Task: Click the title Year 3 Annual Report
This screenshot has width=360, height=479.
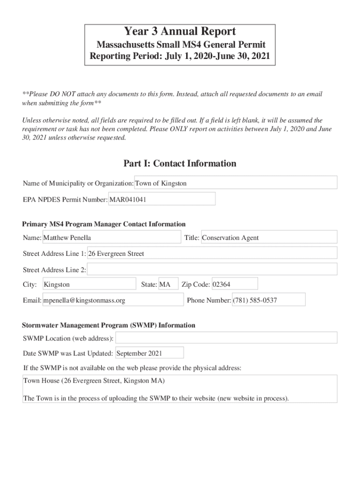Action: point(180,32)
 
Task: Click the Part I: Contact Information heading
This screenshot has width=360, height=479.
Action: point(180,163)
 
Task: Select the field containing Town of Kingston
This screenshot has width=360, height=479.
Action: point(236,183)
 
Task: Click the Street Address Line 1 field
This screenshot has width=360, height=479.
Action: point(212,254)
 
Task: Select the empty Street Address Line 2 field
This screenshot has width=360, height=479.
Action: point(212,269)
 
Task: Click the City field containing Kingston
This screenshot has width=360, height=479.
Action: point(89,284)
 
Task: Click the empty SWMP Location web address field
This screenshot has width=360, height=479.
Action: point(226,338)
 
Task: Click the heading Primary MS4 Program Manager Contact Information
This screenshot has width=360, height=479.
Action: point(104,224)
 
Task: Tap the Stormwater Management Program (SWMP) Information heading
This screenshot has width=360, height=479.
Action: point(109,325)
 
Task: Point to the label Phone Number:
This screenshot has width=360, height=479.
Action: point(209,300)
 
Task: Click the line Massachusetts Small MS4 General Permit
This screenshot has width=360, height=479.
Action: point(180,45)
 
